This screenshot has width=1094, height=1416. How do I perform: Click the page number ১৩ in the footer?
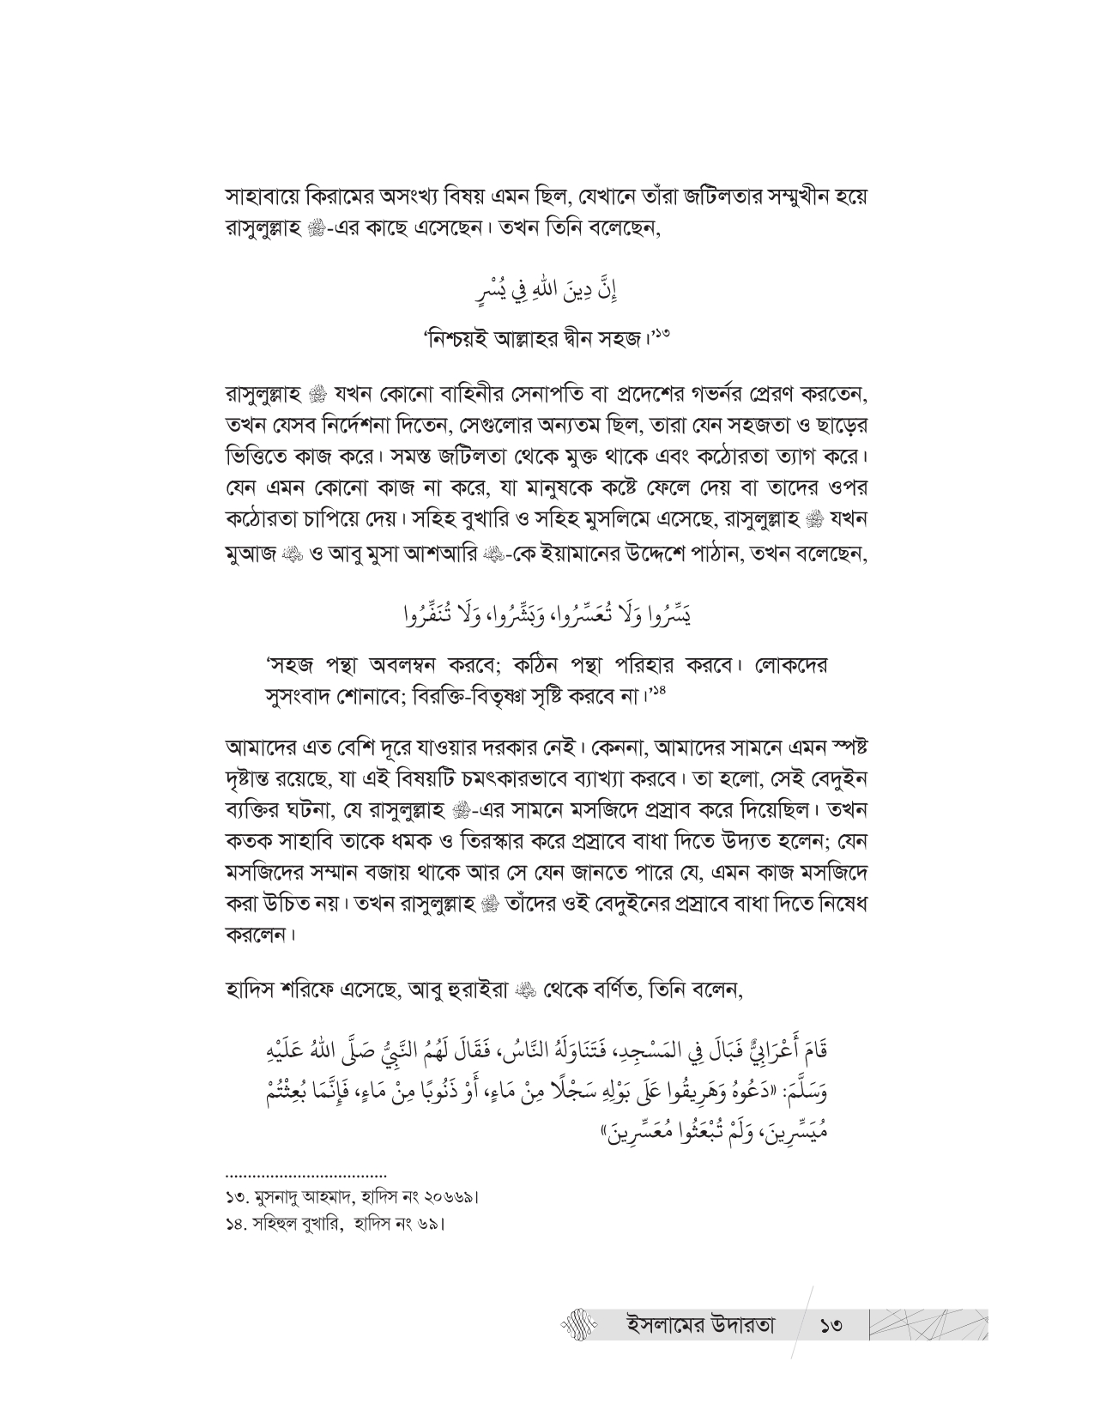pos(831,1326)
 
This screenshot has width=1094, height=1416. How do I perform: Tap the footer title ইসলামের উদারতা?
pos(702,1325)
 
